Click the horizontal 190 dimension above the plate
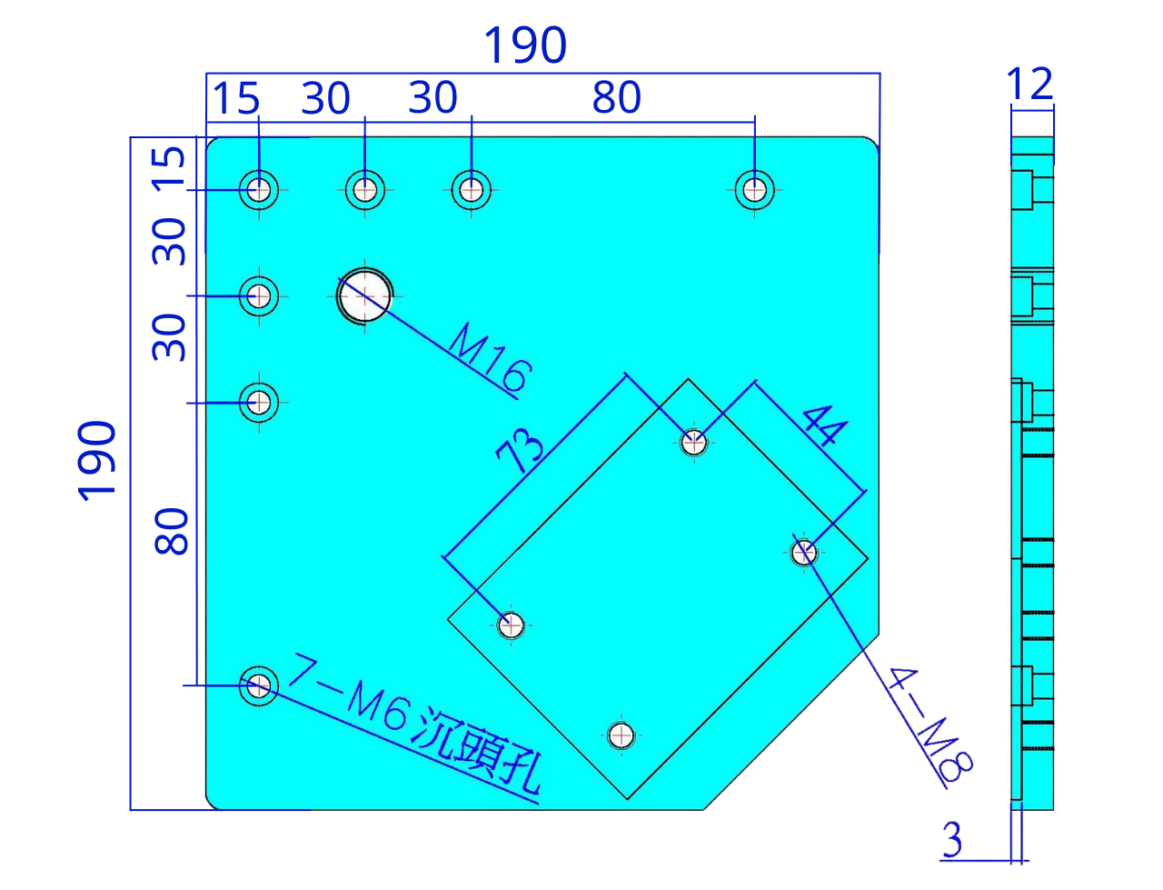[525, 45]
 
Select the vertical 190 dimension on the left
[96, 461]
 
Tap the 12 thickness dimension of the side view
[1029, 84]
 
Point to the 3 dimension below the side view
[952, 840]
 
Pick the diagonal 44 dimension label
[825, 425]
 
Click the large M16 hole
[364, 295]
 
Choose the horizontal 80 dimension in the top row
[616, 97]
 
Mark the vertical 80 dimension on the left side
[171, 532]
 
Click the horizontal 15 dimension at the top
[235, 98]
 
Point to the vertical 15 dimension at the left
[168, 169]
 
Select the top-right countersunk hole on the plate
[754, 190]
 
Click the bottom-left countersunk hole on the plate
[259, 685]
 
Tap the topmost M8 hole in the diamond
[693, 442]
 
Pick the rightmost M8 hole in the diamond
[804, 553]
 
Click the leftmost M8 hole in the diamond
[511, 625]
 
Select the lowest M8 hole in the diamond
[621, 735]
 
